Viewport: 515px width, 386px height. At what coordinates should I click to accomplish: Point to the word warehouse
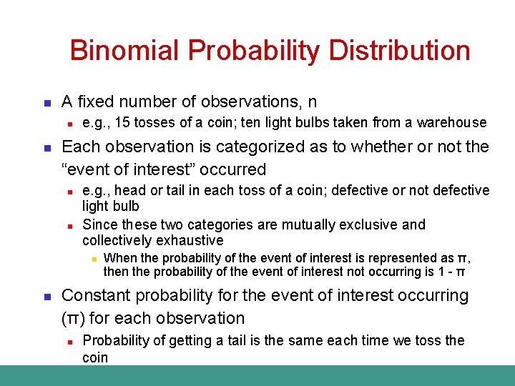point(453,124)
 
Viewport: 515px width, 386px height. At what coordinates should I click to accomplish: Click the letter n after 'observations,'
point(313,102)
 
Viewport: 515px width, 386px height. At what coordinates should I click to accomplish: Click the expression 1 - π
point(451,272)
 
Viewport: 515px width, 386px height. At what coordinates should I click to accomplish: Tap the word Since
point(99,224)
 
